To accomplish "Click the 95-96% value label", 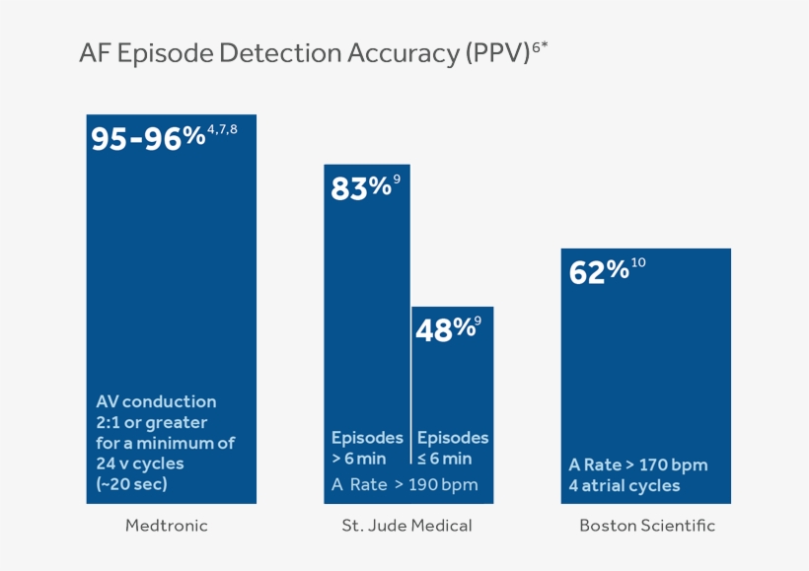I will click(148, 139).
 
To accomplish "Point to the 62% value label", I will click(599, 271).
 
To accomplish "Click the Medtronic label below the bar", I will click(167, 526).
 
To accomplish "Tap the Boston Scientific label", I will click(646, 526).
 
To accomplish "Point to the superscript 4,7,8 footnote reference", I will click(222, 129).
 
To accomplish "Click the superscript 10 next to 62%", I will click(638, 262).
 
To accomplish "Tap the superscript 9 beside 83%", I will click(397, 179).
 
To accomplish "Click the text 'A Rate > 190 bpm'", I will click(404, 484).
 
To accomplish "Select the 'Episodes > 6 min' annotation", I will click(366, 448).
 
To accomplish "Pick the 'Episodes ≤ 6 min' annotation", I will click(452, 448).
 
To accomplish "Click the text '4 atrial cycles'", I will click(625, 485).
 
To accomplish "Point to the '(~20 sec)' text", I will click(132, 484).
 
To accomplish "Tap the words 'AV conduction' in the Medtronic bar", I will click(156, 401).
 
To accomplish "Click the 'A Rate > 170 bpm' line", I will click(638, 464).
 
